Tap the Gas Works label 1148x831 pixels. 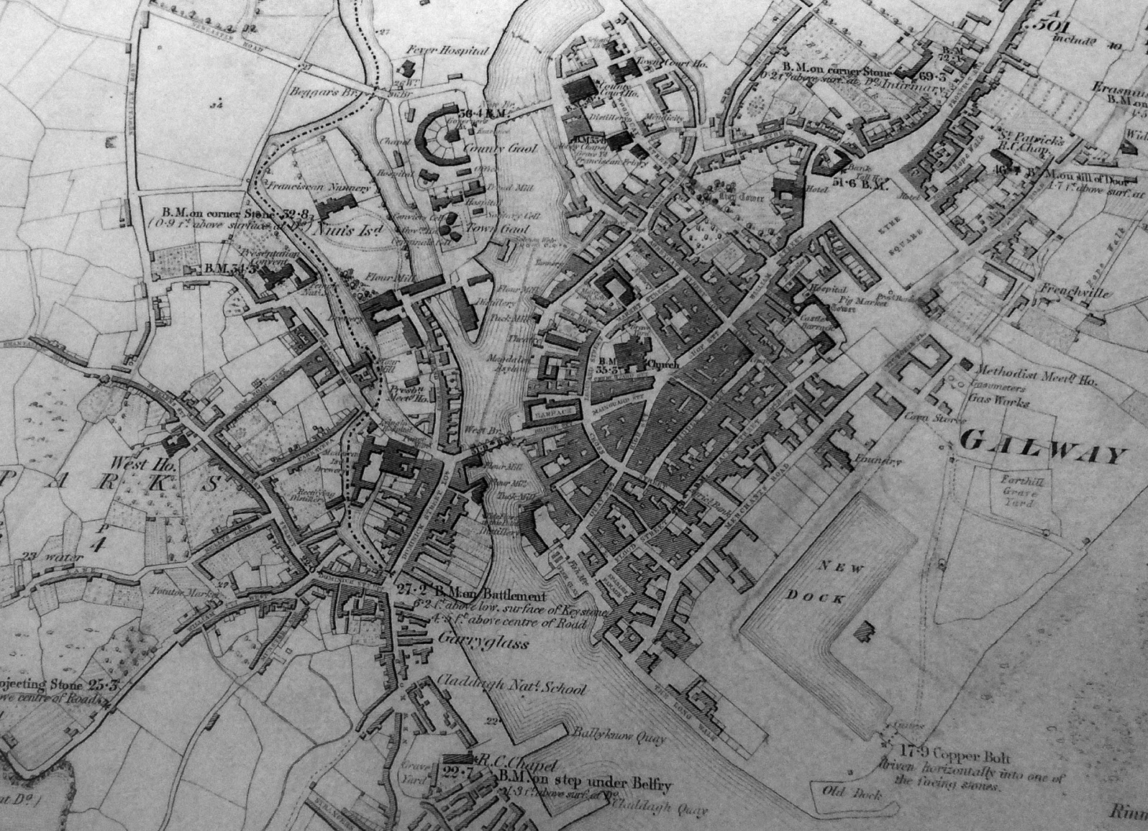click(1004, 402)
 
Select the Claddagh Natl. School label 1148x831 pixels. click(511, 689)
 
